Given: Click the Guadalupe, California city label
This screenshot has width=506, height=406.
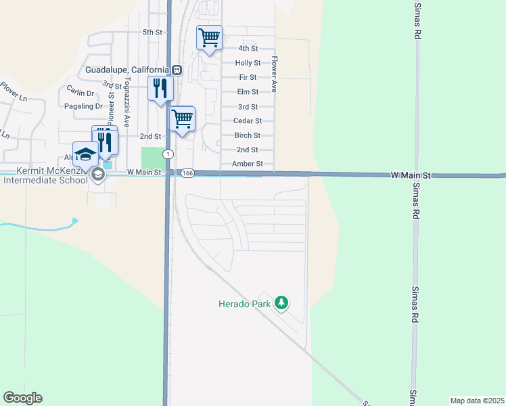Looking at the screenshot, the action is pos(127,70).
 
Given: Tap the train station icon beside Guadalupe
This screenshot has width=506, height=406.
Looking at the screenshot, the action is pos(177,70).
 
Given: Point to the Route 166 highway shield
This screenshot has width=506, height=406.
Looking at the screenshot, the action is pos(188,174).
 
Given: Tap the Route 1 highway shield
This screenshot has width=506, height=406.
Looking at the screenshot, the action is pos(166,155).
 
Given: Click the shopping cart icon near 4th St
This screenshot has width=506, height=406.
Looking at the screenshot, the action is pos(210,37).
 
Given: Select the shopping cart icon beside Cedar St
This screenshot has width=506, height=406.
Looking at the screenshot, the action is pos(182,118).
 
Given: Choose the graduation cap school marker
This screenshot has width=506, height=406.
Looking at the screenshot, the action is pos(85,154).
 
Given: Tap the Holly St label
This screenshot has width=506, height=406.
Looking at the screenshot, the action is pos(244,63).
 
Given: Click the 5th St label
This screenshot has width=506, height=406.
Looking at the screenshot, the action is pos(153,32).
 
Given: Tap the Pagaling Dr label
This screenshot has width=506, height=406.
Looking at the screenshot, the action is pos(85,106).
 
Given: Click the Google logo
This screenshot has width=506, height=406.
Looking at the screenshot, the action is pos(22,398).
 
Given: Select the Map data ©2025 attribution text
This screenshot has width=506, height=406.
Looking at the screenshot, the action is pos(477,401).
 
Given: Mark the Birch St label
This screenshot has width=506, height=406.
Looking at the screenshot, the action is pos(248,135).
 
